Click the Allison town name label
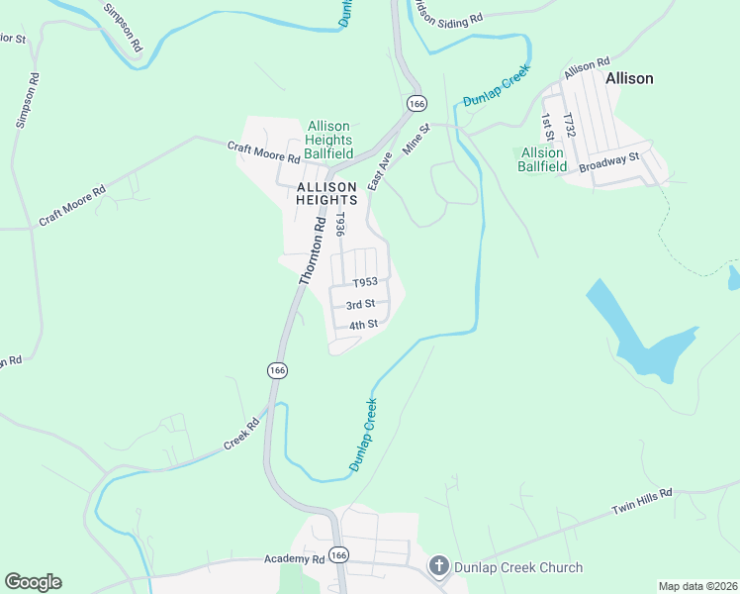pyautogui.click(x=630, y=78)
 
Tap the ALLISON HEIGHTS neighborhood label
pyautogui.click(x=325, y=192)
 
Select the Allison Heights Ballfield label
pyautogui.click(x=328, y=140)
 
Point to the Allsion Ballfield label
pyautogui.click(x=542, y=159)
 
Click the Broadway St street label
pyautogui.click(x=610, y=161)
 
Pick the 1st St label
pyautogui.click(x=546, y=126)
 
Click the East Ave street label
pyautogui.click(x=381, y=170)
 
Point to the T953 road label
pyautogui.click(x=366, y=282)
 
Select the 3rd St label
pyautogui.click(x=360, y=304)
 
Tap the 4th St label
pyautogui.click(x=363, y=325)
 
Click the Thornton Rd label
pyautogui.click(x=313, y=253)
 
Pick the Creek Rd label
pyautogui.click(x=240, y=434)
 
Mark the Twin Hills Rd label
pyautogui.click(x=641, y=501)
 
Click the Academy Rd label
pyautogui.click(x=294, y=558)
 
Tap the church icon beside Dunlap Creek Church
pyautogui.click(x=438, y=567)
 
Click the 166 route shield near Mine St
pyautogui.click(x=416, y=103)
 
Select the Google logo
pyautogui.click(x=33, y=582)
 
